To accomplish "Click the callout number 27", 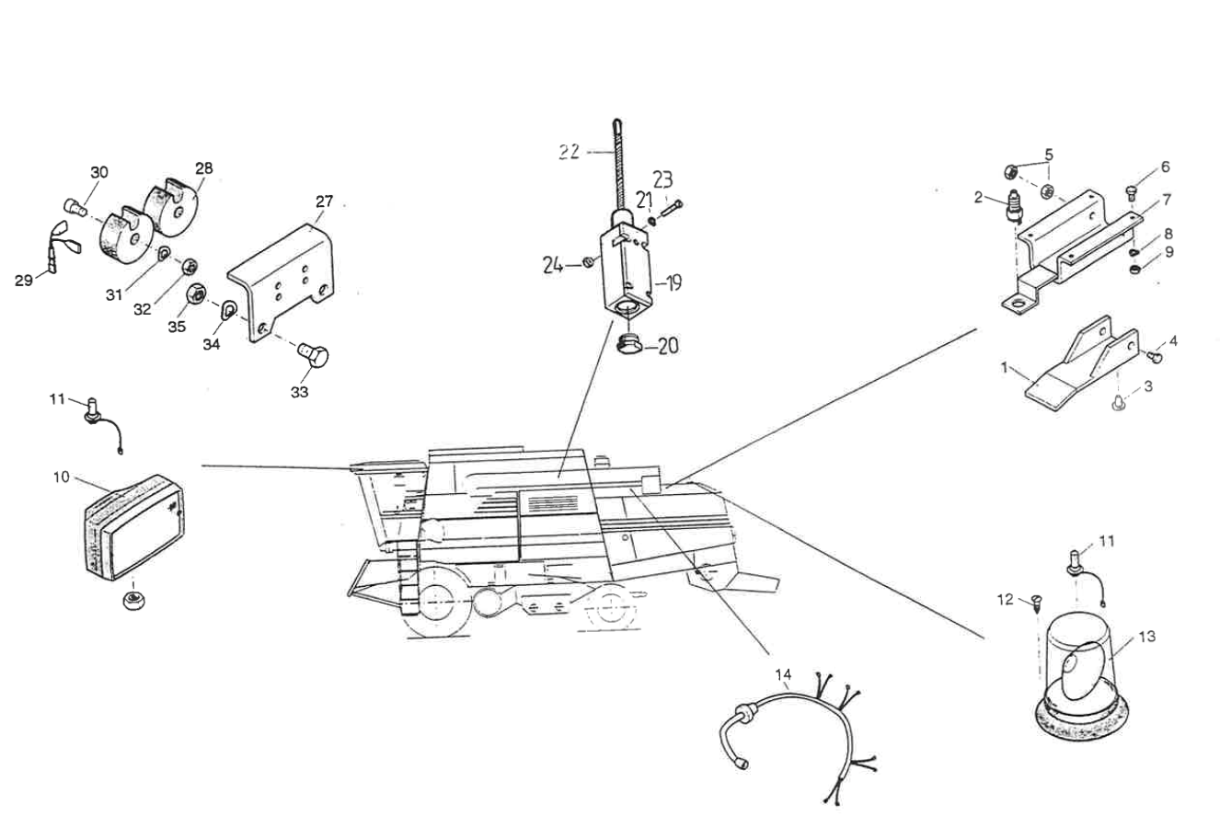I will point(324,201).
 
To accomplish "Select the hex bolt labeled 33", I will point(316,353).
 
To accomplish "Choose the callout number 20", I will point(667,346).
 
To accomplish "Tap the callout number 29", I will point(24,281).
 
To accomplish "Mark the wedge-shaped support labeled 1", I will point(1076,372).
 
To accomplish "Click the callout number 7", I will point(1166,199).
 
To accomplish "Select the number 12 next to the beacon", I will point(1005,600).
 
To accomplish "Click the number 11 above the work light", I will point(57,398).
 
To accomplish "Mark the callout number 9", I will point(1168,250).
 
